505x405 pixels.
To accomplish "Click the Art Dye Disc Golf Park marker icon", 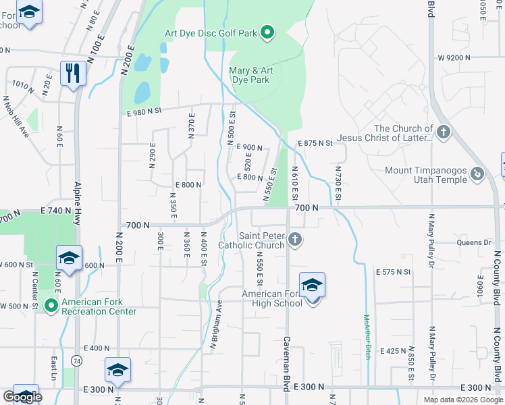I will tap(267, 32).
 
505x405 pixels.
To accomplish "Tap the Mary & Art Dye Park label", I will tap(251, 75).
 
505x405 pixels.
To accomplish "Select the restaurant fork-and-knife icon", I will tap(73, 72).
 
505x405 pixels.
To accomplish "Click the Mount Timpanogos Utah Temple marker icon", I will tap(477, 174).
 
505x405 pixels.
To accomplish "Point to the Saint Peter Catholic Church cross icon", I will tap(294, 239).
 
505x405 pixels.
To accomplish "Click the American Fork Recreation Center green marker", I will tap(51, 305).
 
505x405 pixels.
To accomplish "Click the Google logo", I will tap(22, 397).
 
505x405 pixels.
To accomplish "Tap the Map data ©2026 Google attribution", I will tap(463, 400).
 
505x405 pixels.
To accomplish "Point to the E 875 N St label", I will tap(315, 143).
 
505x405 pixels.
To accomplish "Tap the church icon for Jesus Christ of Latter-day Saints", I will tap(443, 131).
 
